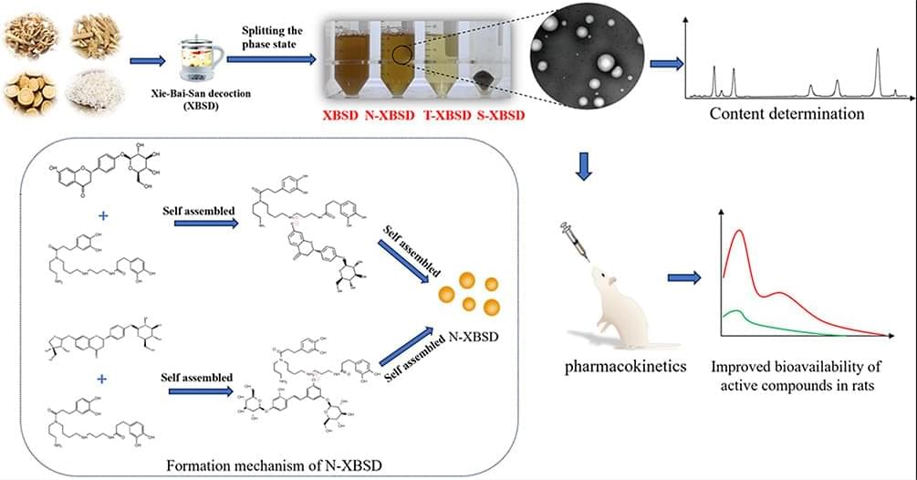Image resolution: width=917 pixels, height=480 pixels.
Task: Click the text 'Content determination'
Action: click(x=787, y=114)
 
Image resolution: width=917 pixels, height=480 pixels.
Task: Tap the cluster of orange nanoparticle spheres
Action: click(x=467, y=293)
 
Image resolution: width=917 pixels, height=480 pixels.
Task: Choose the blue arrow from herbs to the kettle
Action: click(x=148, y=61)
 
